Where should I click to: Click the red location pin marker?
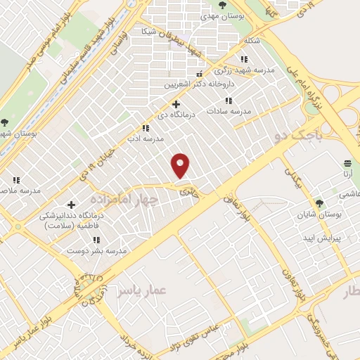[181, 165]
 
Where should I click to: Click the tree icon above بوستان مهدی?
[222, 5]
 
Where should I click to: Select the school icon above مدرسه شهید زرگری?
[244, 60]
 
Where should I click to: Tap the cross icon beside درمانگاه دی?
[175, 105]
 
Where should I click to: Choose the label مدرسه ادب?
[145, 139]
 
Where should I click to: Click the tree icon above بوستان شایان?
[319, 203]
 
